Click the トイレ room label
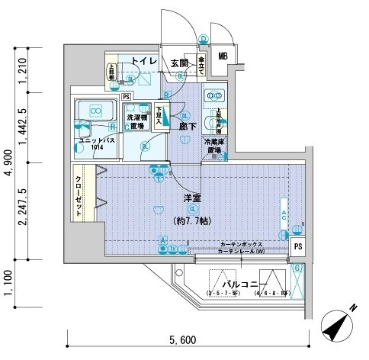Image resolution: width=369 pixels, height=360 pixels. (143, 60)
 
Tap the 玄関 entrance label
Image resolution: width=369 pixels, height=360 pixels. (179, 63)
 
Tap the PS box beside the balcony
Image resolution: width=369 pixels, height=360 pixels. (299, 246)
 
